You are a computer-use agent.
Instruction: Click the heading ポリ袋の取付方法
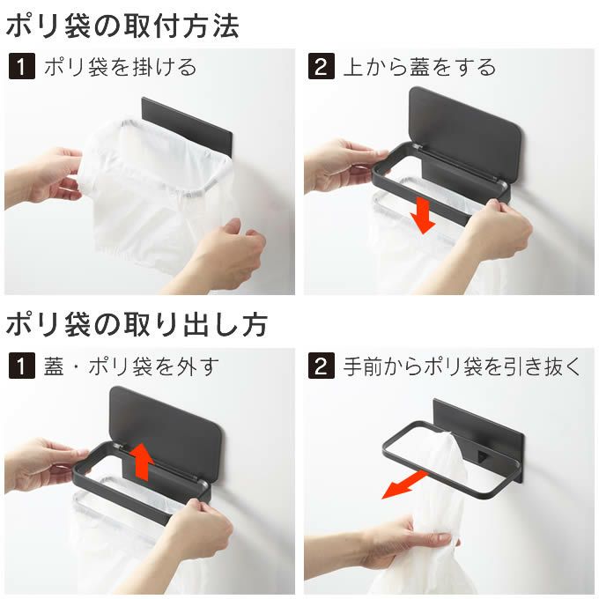(x=122, y=26)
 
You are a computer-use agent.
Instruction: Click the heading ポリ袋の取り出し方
(x=137, y=323)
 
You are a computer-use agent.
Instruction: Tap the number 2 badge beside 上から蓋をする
(x=321, y=67)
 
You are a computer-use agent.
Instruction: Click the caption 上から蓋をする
(x=418, y=67)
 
